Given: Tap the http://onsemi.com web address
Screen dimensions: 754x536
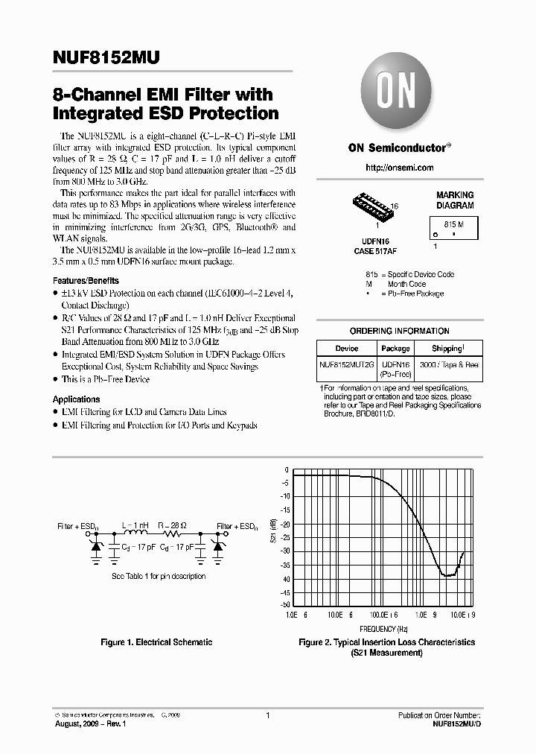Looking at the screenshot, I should click(x=399, y=168).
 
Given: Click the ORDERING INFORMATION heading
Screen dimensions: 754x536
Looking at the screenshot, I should click(x=399, y=331).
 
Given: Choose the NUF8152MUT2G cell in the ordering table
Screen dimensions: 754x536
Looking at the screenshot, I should click(x=347, y=365).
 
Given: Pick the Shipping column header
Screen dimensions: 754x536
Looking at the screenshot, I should click(x=448, y=348).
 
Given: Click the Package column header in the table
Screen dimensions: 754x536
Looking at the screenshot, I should click(x=395, y=348).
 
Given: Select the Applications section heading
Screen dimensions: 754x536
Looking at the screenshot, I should click(x=76, y=399).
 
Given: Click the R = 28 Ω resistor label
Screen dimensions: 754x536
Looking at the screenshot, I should click(x=172, y=525).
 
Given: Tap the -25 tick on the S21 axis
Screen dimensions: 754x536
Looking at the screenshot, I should click(x=285, y=537).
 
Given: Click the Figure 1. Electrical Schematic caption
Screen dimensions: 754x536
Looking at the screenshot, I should click(x=156, y=642).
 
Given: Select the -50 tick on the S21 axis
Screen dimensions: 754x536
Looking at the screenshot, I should click(x=285, y=604).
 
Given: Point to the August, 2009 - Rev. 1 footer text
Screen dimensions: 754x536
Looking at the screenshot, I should click(x=93, y=724).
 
